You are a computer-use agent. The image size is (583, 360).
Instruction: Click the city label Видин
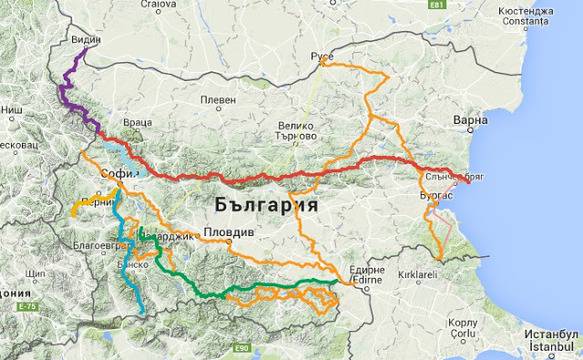(87, 40)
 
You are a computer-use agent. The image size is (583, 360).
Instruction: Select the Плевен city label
(218, 100)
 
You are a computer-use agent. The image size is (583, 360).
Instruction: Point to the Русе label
(323, 56)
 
